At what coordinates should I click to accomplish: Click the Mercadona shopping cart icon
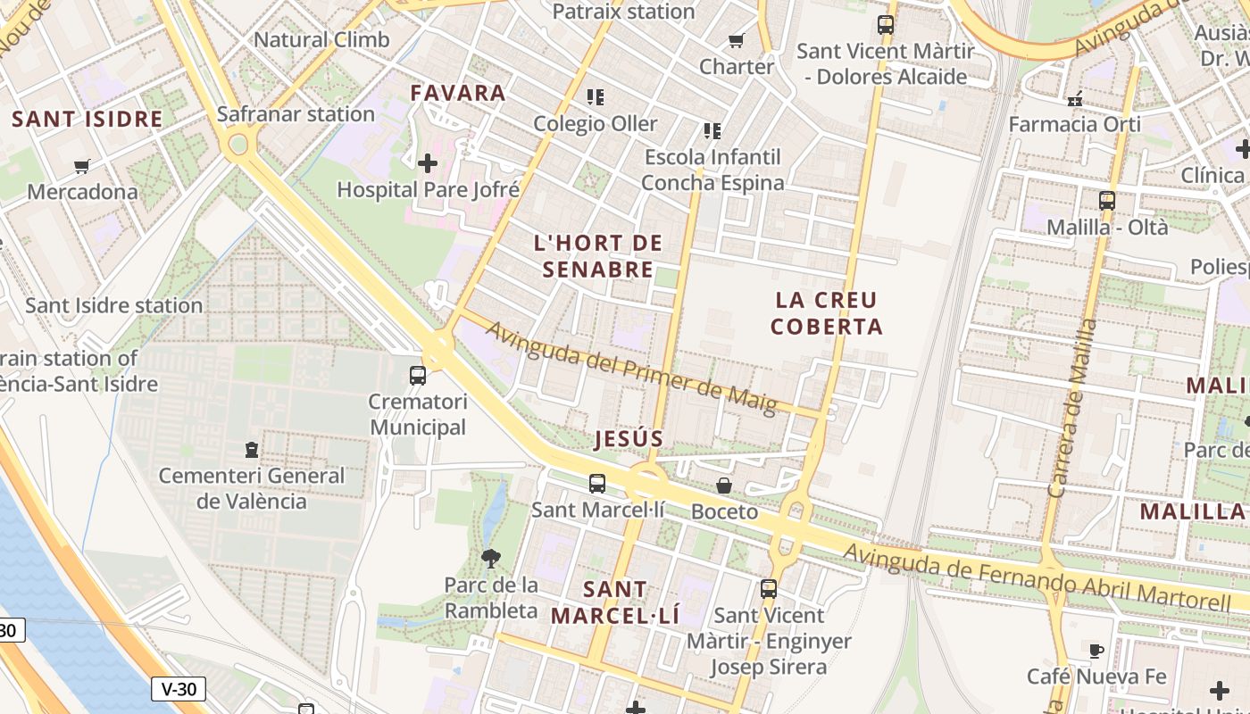82,165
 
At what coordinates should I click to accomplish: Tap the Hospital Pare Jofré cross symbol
428,162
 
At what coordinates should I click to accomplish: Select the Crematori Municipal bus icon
418,375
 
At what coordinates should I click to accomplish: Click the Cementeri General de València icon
252,449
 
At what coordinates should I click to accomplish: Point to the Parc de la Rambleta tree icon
490,559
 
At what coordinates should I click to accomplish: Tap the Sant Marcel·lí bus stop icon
597,484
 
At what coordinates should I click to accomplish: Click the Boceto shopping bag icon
724,486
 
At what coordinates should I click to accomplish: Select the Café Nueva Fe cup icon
1096,650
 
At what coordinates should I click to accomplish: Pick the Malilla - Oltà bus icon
1107,201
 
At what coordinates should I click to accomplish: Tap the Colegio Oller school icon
596,96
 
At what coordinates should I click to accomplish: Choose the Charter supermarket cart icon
737,40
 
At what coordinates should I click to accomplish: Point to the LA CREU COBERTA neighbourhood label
827,313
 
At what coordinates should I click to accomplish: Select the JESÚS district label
629,438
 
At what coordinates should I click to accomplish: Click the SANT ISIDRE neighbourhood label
87,119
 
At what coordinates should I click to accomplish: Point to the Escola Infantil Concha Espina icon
712,131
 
